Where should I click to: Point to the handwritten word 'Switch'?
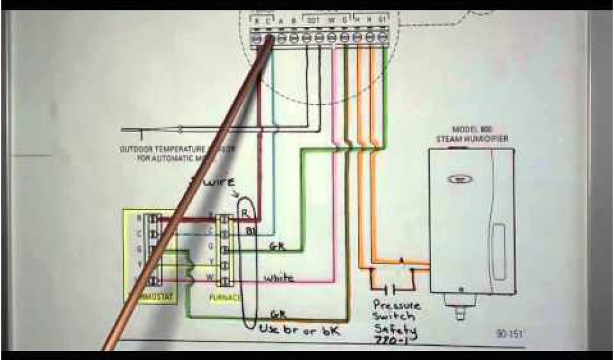(x=394, y=316)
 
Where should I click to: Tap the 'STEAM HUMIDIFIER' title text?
(x=472, y=139)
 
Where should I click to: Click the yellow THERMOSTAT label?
(x=150, y=296)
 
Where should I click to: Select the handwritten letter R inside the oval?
(x=244, y=211)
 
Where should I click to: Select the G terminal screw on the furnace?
(x=223, y=246)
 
